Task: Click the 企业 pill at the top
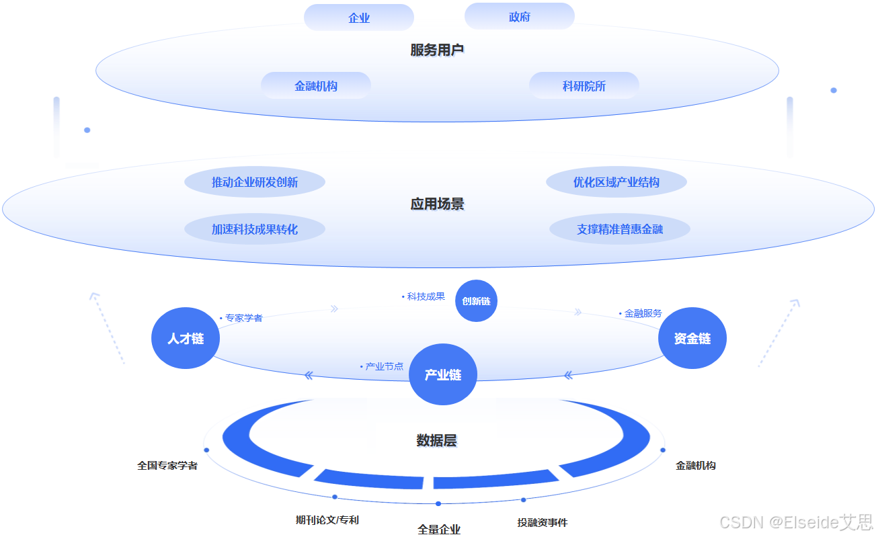[x=359, y=18]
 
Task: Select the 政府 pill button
[x=519, y=17]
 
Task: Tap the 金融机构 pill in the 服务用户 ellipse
[x=316, y=86]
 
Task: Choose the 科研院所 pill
[x=584, y=86]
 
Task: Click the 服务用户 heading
[x=437, y=50]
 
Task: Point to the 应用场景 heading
[x=437, y=204]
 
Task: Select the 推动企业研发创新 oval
[x=255, y=182]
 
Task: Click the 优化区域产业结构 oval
[x=616, y=182]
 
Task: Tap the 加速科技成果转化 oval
[x=255, y=229]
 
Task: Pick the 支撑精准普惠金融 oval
[x=619, y=229]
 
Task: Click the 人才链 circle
[x=186, y=339]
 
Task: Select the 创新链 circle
[x=476, y=301]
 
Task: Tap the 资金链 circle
[x=692, y=339]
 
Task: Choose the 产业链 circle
[x=443, y=375]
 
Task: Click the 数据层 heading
[x=436, y=441]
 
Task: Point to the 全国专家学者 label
[x=167, y=465]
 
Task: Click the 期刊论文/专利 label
[x=327, y=520]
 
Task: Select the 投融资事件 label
[x=543, y=522]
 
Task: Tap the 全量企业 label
[x=439, y=530]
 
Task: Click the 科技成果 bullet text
[x=426, y=296]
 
